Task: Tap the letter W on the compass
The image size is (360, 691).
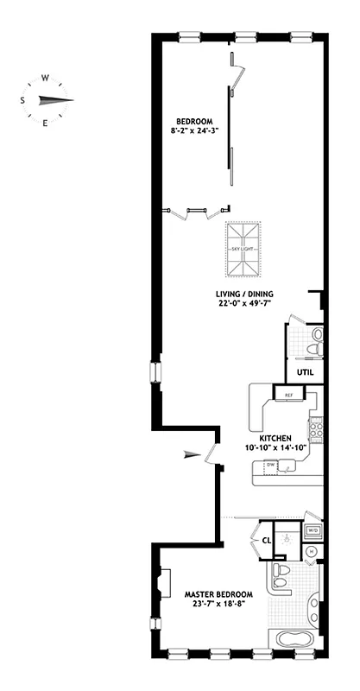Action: click(44, 75)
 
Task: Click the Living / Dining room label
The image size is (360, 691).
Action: click(246, 293)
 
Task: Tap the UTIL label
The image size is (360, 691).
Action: click(306, 373)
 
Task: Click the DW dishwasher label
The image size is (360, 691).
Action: click(271, 465)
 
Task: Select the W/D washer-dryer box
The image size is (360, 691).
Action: click(313, 530)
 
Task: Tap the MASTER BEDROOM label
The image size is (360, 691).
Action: click(218, 594)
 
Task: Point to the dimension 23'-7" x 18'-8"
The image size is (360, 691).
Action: click(218, 605)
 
